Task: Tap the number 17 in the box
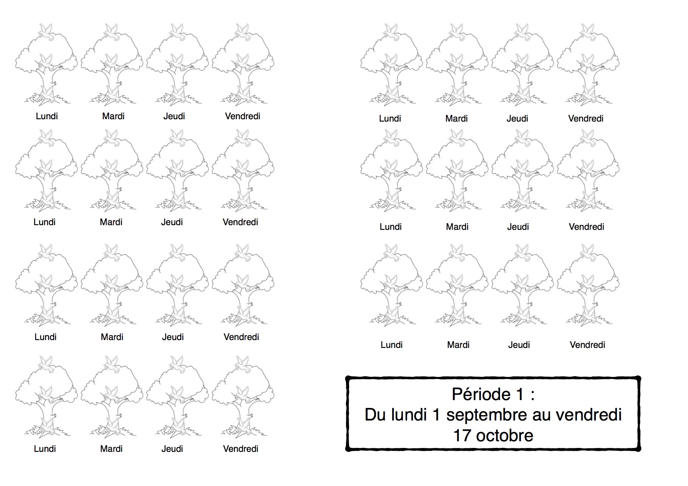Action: click(462, 436)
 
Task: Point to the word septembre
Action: click(486, 415)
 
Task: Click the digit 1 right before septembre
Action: click(435, 415)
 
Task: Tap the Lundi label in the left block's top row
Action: click(47, 116)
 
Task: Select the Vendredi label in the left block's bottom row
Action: click(240, 449)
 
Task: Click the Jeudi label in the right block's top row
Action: click(517, 118)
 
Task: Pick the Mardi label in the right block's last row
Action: click(458, 345)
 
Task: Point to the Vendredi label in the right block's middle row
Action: click(586, 227)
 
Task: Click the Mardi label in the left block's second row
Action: click(111, 222)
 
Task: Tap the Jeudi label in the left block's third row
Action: click(173, 337)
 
